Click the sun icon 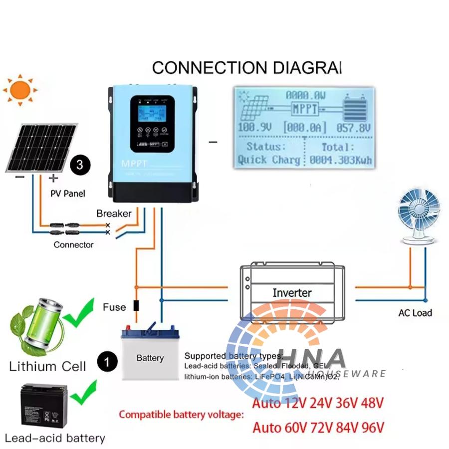click(20, 90)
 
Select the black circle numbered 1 click(106, 360)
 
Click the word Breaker click(114, 214)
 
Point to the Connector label click(73, 245)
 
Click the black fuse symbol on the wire click(136, 306)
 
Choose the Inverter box click(292, 292)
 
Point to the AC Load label click(415, 313)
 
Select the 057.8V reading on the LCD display click(353, 128)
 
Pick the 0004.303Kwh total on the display click(340, 161)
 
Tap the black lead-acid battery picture click(42, 406)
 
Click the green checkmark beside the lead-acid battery click(83, 392)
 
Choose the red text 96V click(372, 428)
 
